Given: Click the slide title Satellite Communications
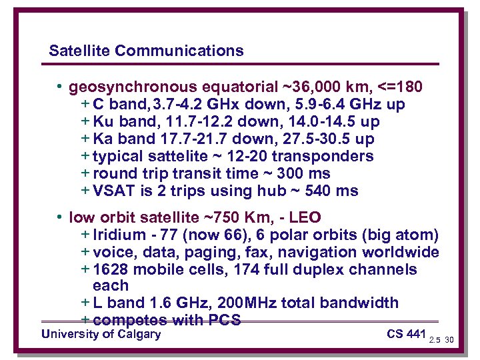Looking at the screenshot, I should click(x=146, y=51).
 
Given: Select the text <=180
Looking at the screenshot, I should click(x=400, y=87).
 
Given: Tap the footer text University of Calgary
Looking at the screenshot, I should click(x=101, y=334).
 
